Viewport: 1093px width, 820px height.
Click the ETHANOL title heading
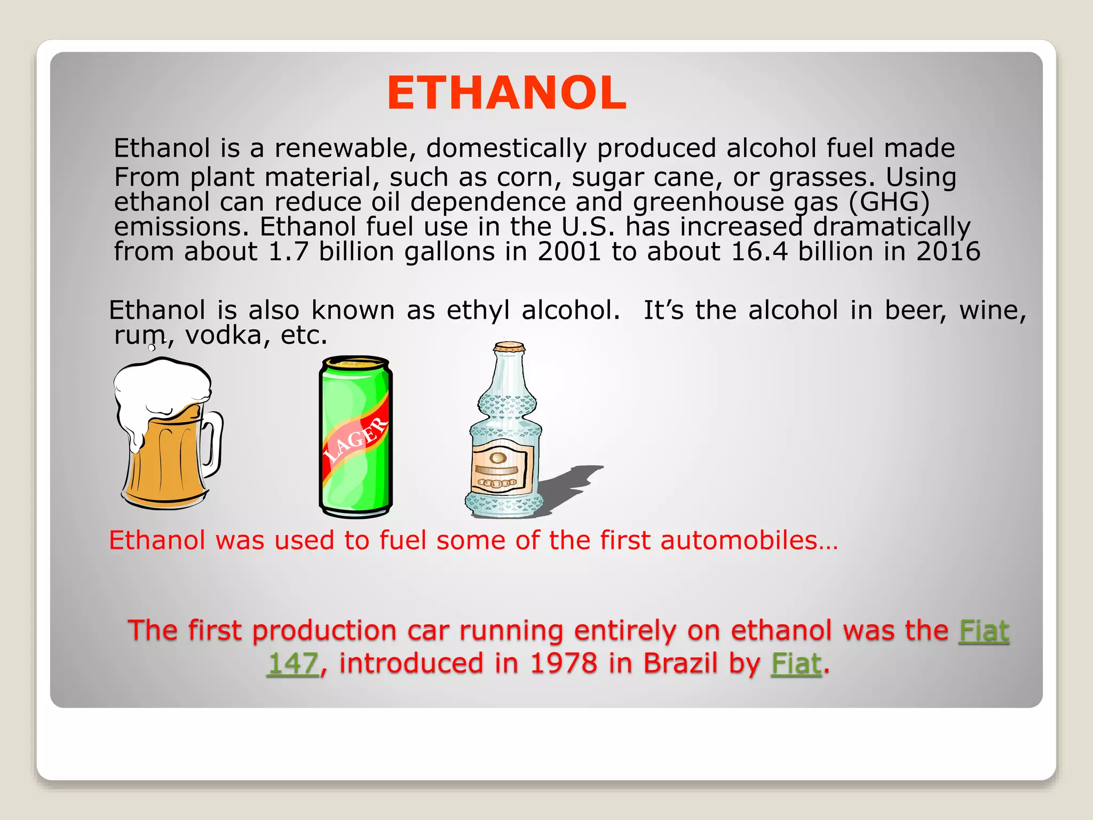506,93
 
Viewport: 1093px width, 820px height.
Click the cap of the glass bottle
509,348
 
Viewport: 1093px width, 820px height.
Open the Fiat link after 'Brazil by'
796,664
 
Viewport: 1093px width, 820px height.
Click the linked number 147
294,664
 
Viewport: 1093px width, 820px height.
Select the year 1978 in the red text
564,664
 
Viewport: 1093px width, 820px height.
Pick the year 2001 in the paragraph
569,251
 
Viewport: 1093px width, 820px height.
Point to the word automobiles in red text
739,540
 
